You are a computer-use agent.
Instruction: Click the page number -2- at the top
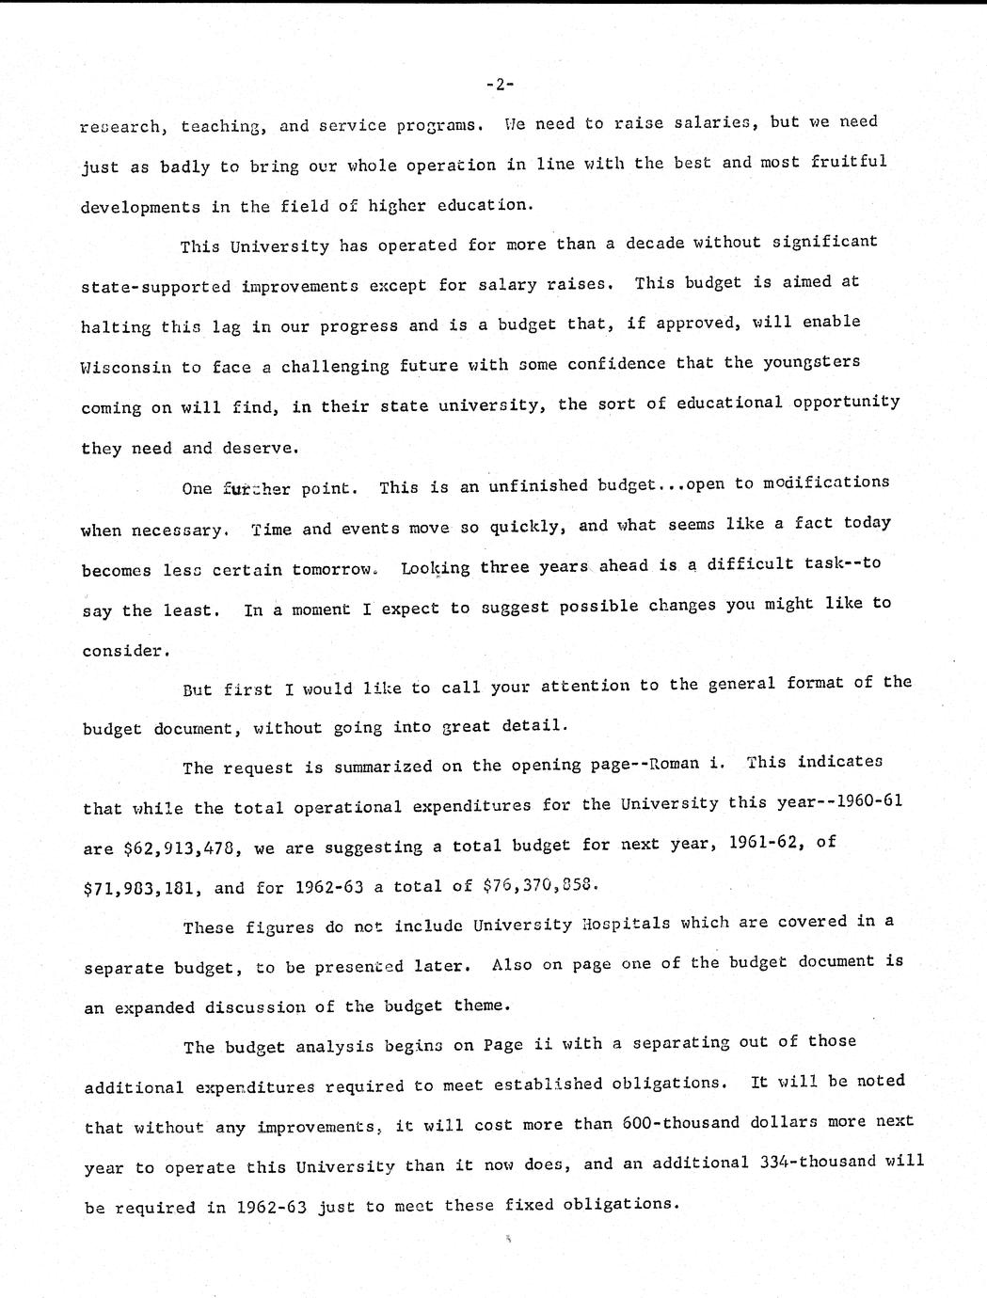499,85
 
